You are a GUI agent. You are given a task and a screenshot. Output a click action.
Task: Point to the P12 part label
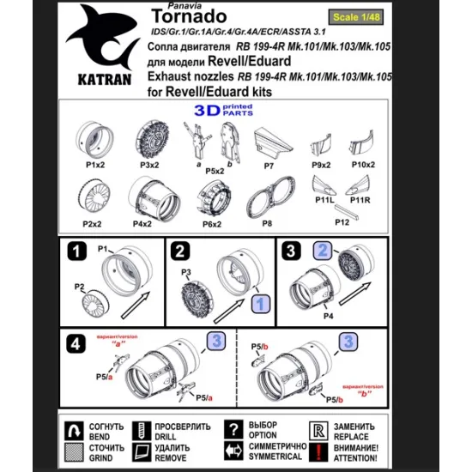click(342, 222)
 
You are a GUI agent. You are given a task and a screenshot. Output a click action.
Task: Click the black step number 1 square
click(76, 252)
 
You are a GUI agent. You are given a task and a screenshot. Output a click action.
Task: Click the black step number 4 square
click(76, 343)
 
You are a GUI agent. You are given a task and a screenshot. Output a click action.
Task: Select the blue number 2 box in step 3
click(322, 251)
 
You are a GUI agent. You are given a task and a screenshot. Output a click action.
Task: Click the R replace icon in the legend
click(317, 429)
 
